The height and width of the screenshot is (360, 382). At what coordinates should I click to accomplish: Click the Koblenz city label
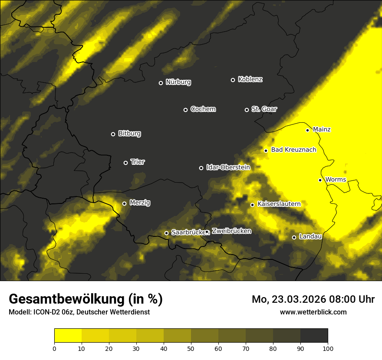coord(250,79)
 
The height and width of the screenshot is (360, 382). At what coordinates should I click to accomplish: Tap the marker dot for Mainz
coord(307,130)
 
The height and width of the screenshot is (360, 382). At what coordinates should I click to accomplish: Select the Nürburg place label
coord(178,82)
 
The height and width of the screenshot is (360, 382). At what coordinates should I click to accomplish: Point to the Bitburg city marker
coord(113,134)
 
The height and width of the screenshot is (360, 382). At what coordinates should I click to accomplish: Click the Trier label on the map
coord(138,162)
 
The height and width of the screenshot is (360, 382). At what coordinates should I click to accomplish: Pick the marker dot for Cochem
coord(185,110)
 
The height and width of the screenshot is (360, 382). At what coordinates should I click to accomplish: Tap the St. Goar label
coord(264,109)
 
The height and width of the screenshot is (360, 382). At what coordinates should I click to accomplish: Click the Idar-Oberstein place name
coord(228,167)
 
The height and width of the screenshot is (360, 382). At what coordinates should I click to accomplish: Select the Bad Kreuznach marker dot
coord(266,151)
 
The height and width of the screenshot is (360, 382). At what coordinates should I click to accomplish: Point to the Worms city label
coord(336,180)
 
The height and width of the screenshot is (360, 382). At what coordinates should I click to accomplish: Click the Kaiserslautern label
coord(279,204)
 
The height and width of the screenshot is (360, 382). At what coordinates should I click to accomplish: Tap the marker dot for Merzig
coord(124,203)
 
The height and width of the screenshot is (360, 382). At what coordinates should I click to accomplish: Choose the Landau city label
coord(310,236)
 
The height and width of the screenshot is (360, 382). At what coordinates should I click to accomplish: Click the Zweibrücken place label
coord(231,231)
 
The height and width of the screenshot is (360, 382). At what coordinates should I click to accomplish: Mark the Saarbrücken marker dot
coord(166,233)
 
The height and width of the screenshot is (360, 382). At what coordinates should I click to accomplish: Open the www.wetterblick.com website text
coord(313,312)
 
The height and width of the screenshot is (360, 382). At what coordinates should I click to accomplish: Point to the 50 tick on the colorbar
coord(191,348)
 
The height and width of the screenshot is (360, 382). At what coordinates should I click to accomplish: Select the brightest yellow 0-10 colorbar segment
coord(68,336)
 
